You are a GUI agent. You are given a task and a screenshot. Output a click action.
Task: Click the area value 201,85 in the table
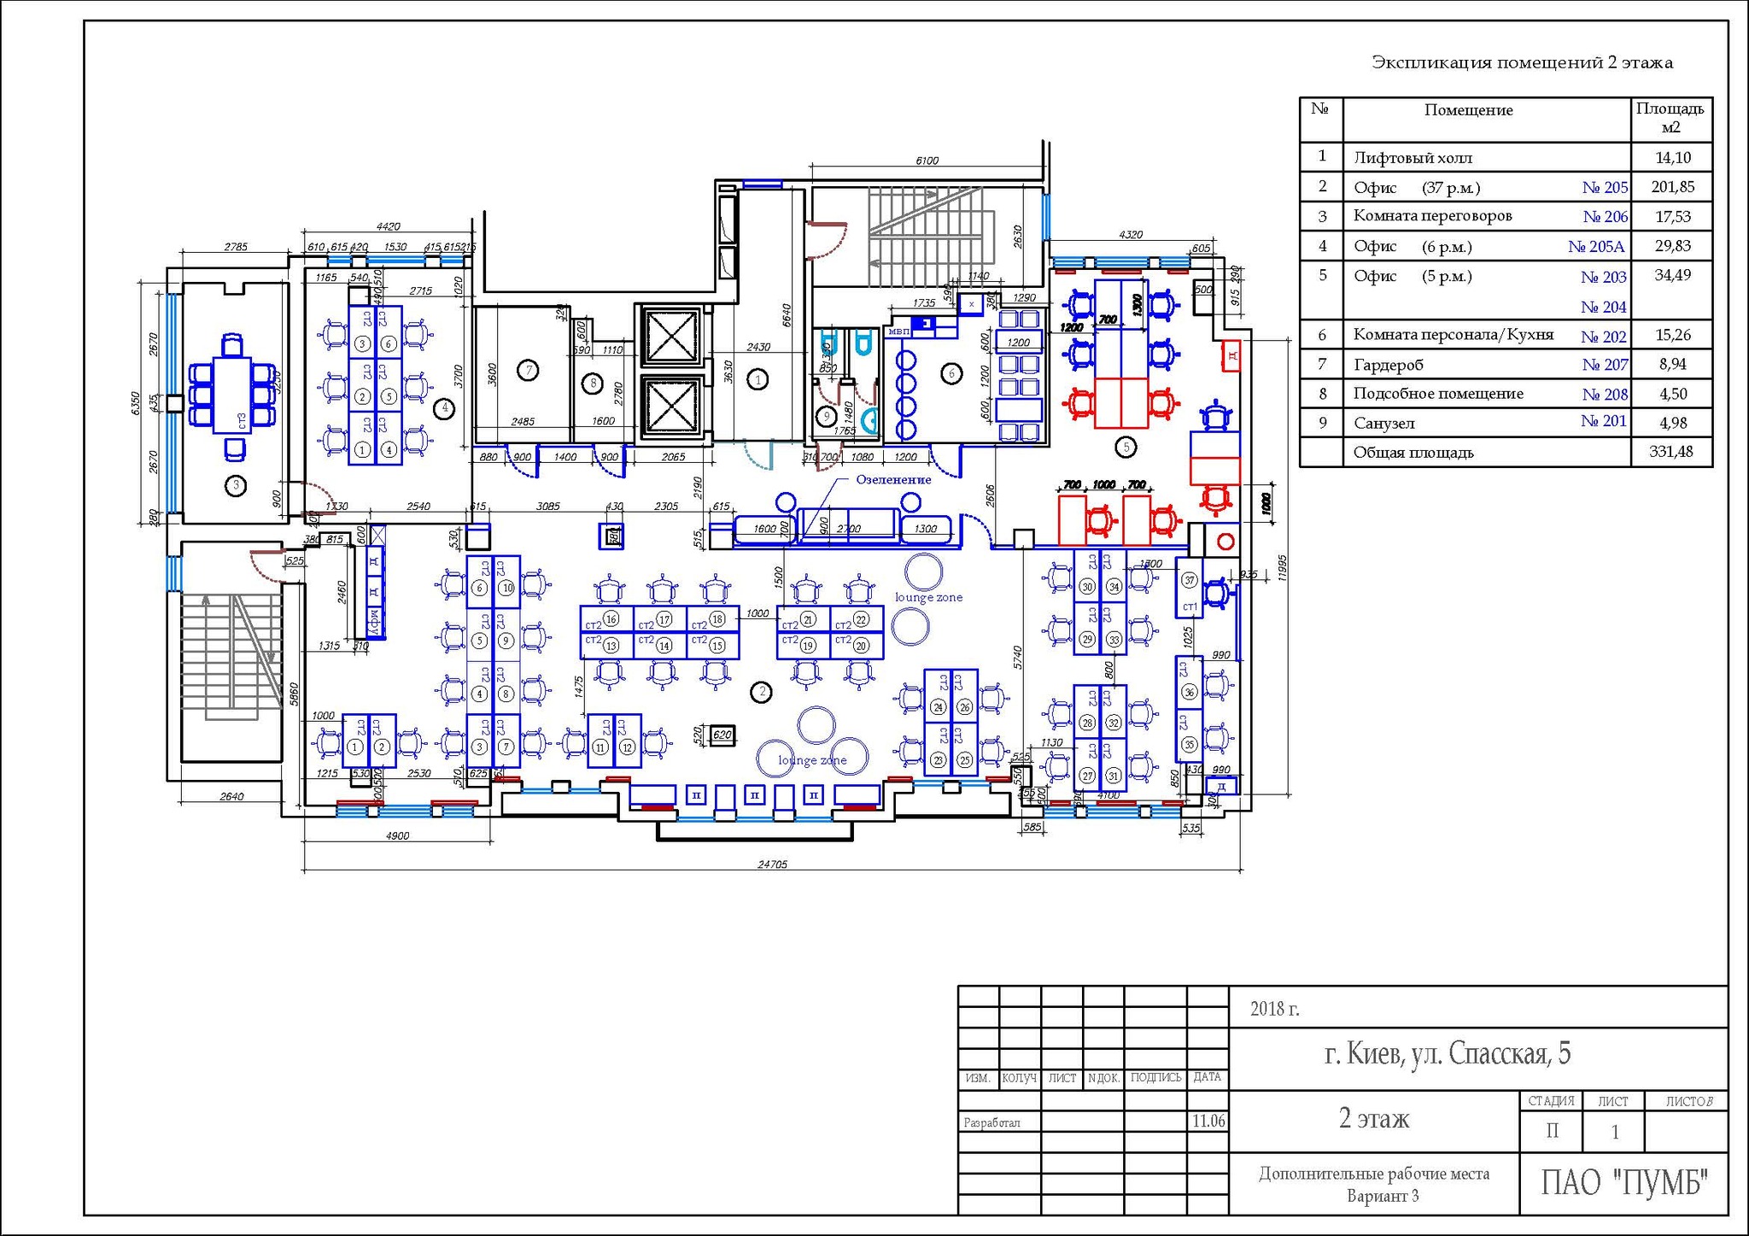pos(1672,186)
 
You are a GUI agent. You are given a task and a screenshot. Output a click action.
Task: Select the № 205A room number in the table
pos(1595,247)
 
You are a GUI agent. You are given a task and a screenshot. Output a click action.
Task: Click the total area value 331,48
pos(1671,452)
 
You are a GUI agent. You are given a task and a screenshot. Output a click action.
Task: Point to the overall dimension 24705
pos(772,864)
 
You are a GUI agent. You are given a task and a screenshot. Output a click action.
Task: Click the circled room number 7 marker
pos(529,371)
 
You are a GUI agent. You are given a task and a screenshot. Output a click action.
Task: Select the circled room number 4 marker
pos(445,408)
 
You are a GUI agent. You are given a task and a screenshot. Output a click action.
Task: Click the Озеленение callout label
pos(893,480)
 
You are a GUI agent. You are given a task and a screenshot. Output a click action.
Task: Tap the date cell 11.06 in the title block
pos(1208,1121)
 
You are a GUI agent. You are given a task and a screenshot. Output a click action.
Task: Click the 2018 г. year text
pos(1274,1009)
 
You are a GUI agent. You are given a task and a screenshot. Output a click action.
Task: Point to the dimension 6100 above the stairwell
pos(927,161)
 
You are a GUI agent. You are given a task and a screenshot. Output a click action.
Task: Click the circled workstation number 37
pos(1190,580)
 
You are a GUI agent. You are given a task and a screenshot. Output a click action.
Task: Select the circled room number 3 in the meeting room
pos(236,485)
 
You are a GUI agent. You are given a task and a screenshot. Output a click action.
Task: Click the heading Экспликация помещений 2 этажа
pos(1522,62)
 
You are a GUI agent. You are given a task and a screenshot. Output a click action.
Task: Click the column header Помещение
pos(1468,110)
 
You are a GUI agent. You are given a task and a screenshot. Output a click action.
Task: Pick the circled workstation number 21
pos(808,619)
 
